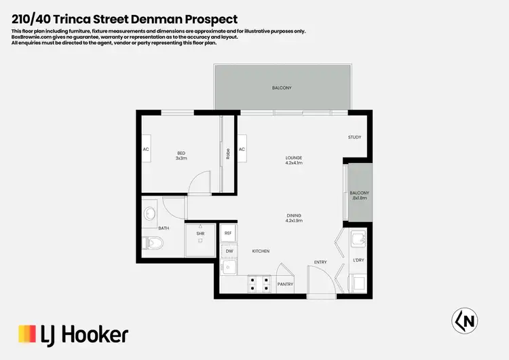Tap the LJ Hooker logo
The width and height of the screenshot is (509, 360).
(73, 334)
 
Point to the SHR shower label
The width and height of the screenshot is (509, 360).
(200, 234)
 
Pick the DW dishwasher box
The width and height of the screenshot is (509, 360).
(229, 251)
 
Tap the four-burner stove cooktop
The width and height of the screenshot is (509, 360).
(260, 284)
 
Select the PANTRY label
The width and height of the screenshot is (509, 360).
(286, 285)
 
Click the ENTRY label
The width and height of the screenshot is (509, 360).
(320, 262)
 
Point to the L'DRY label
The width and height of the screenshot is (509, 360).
(358, 260)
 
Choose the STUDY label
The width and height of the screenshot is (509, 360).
(354, 137)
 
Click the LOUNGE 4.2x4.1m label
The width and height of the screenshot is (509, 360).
(293, 161)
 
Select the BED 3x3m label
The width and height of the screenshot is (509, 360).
(181, 156)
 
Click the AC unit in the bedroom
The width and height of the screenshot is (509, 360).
(146, 150)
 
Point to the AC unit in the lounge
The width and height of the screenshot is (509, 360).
(242, 150)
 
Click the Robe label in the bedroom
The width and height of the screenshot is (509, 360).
(228, 154)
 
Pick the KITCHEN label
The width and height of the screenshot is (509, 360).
(261, 251)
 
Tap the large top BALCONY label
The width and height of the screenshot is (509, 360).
(282, 88)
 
